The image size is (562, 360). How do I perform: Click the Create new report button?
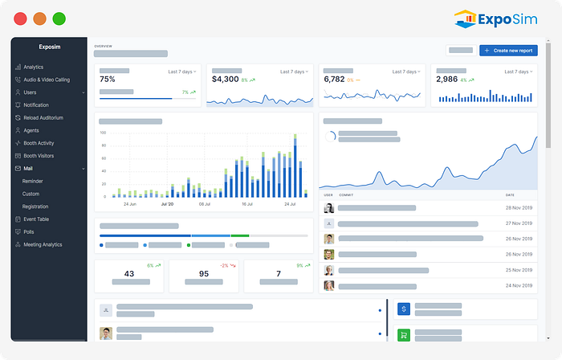coord(508,51)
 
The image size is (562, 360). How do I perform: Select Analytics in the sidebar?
coord(33,67)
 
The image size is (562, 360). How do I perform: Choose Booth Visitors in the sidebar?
coord(39,155)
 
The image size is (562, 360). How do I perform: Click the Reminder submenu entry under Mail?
coord(32,181)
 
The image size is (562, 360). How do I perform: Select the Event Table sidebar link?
coord(36,219)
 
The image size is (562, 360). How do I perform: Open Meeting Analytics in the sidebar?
coord(43,244)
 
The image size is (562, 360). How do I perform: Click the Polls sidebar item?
coord(29,231)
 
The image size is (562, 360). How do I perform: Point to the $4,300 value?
coord(225,80)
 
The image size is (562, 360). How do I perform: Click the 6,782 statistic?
coord(335,80)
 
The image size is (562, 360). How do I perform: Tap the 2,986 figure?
coord(446,80)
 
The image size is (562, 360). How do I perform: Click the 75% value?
coord(108,80)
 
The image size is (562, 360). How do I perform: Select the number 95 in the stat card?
coord(204,274)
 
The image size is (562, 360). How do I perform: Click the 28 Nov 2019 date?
coord(519,208)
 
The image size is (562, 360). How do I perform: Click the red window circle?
coord(20,18)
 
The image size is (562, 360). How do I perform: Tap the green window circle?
coord(59,18)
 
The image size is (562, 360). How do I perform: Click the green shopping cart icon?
coord(404,335)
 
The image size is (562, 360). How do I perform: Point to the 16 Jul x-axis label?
coord(247,204)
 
